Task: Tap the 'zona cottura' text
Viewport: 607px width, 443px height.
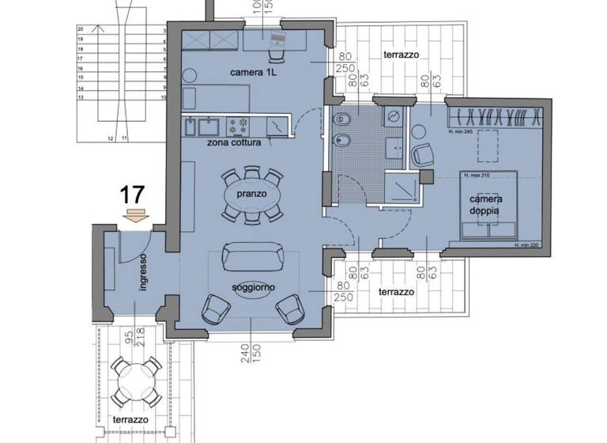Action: tap(237, 144)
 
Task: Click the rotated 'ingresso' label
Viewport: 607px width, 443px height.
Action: tap(143, 273)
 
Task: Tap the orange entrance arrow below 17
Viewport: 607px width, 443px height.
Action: tap(136, 214)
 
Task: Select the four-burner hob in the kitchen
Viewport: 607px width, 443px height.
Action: tap(239, 124)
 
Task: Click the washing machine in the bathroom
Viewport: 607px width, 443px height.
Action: tap(393, 118)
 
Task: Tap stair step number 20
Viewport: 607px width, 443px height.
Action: tap(81, 28)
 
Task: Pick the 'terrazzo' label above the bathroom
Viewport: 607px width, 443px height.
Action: tap(401, 55)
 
